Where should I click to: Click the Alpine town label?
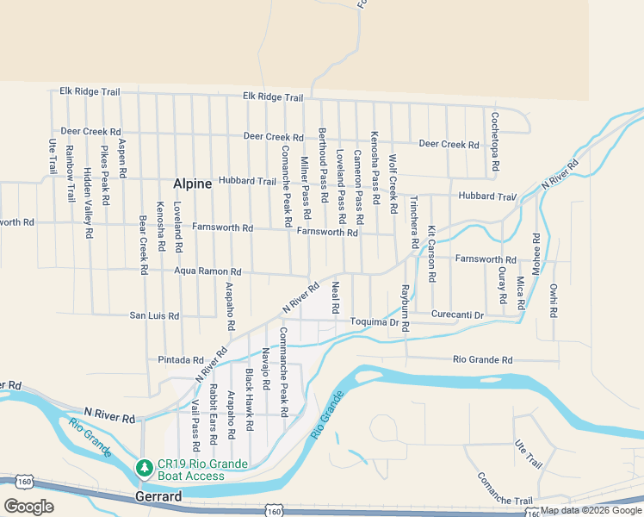(x=193, y=184)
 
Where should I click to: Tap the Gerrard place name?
(x=158, y=497)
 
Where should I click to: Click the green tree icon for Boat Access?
(x=144, y=469)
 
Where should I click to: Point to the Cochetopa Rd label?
(x=495, y=143)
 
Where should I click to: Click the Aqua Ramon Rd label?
(x=207, y=271)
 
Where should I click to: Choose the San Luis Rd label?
(x=154, y=316)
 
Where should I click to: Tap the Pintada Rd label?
(x=181, y=360)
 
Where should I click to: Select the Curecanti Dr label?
(x=458, y=315)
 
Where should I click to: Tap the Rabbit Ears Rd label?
(x=213, y=414)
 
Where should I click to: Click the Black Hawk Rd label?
(x=249, y=401)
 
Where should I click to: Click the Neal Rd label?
(x=336, y=296)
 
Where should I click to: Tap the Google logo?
(x=28, y=507)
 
